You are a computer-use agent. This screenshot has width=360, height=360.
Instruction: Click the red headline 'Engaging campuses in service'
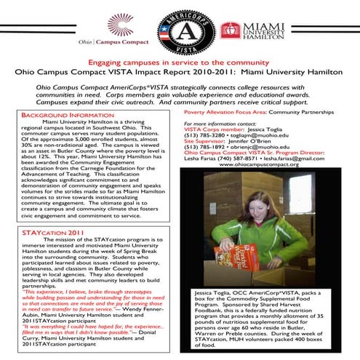180,63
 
